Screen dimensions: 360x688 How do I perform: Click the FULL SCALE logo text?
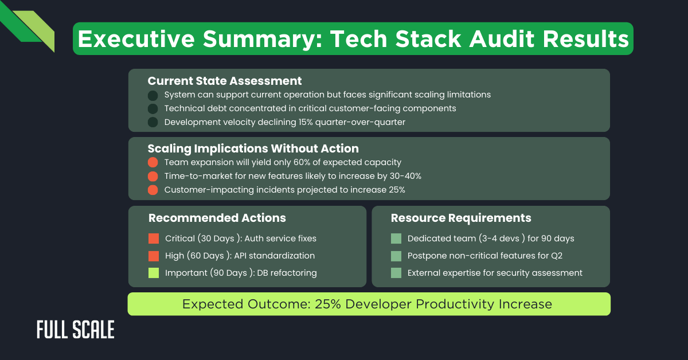coord(75,330)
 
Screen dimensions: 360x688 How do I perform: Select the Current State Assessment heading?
coord(225,81)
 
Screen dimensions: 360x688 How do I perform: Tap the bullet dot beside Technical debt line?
coord(153,108)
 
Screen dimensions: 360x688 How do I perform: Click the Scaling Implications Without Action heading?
coord(253,149)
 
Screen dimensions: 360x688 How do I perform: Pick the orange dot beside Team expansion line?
coord(153,162)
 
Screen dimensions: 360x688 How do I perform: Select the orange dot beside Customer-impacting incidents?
coord(153,190)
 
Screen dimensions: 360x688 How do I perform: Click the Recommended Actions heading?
coord(217,218)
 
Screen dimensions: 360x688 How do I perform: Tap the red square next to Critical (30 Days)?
coord(153,238)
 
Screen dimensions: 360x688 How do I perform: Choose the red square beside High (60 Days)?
coord(153,256)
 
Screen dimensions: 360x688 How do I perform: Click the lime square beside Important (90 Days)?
coord(153,273)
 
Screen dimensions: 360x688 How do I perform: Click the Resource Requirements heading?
coord(461,218)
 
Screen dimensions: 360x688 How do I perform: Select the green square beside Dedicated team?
coord(396,238)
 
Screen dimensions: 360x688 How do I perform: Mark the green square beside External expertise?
coord(396,273)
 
